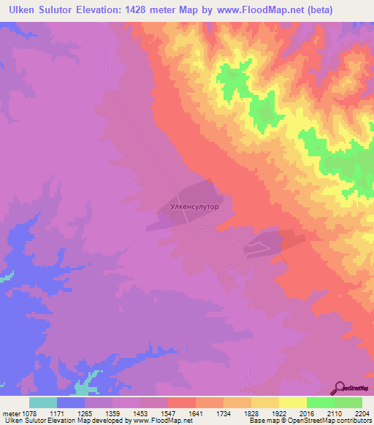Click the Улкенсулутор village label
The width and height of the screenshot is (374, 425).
pos(195,207)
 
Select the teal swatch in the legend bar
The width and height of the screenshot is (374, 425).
pos(43,402)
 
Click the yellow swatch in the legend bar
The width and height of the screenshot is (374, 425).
pos(292,402)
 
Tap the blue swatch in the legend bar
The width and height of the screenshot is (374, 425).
pos(71,402)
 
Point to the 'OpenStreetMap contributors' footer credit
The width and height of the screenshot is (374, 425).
pos(335,421)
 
